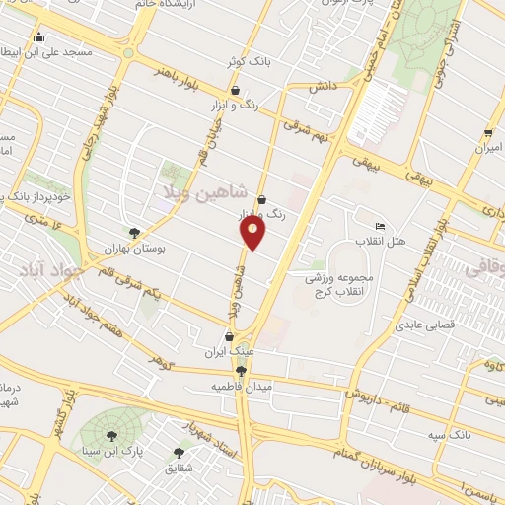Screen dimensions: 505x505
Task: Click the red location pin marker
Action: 253,231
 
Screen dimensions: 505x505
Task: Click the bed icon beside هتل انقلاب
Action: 382,226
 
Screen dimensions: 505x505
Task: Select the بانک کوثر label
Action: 249,61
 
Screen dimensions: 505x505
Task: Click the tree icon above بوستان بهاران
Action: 134,233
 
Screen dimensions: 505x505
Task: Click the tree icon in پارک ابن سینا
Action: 109,434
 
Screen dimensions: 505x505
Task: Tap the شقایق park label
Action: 177,469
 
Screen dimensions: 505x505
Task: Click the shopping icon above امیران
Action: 488,133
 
